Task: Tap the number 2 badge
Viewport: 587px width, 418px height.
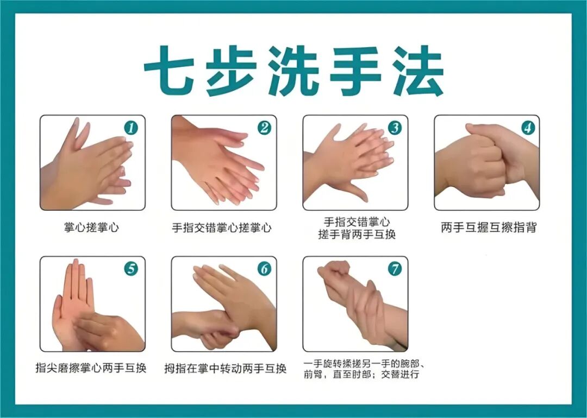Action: [x=264, y=128]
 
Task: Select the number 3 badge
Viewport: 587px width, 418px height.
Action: [x=395, y=128]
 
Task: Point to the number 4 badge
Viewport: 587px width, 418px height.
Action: [x=528, y=128]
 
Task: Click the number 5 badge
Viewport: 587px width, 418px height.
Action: [x=131, y=269]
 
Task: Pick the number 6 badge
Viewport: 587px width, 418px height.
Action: [x=264, y=269]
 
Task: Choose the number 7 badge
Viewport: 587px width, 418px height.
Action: [x=395, y=269]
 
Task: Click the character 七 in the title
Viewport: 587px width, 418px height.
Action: [x=167, y=70]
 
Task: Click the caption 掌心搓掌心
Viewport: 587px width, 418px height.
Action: [x=91, y=227]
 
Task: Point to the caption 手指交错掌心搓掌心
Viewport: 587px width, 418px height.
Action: [x=222, y=227]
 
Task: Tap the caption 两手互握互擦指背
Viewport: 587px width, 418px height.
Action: [x=489, y=227]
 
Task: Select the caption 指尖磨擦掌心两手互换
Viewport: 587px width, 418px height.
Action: [x=91, y=368]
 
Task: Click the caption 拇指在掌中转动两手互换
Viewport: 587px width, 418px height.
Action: [x=226, y=369]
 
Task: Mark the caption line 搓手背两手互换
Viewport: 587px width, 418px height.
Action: [x=357, y=235]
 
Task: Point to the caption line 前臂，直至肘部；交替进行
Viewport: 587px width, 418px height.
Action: [x=361, y=375]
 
